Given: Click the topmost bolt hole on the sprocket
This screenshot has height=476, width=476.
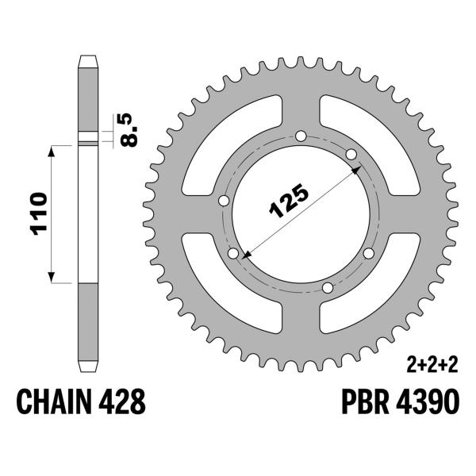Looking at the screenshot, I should click(x=300, y=136).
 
